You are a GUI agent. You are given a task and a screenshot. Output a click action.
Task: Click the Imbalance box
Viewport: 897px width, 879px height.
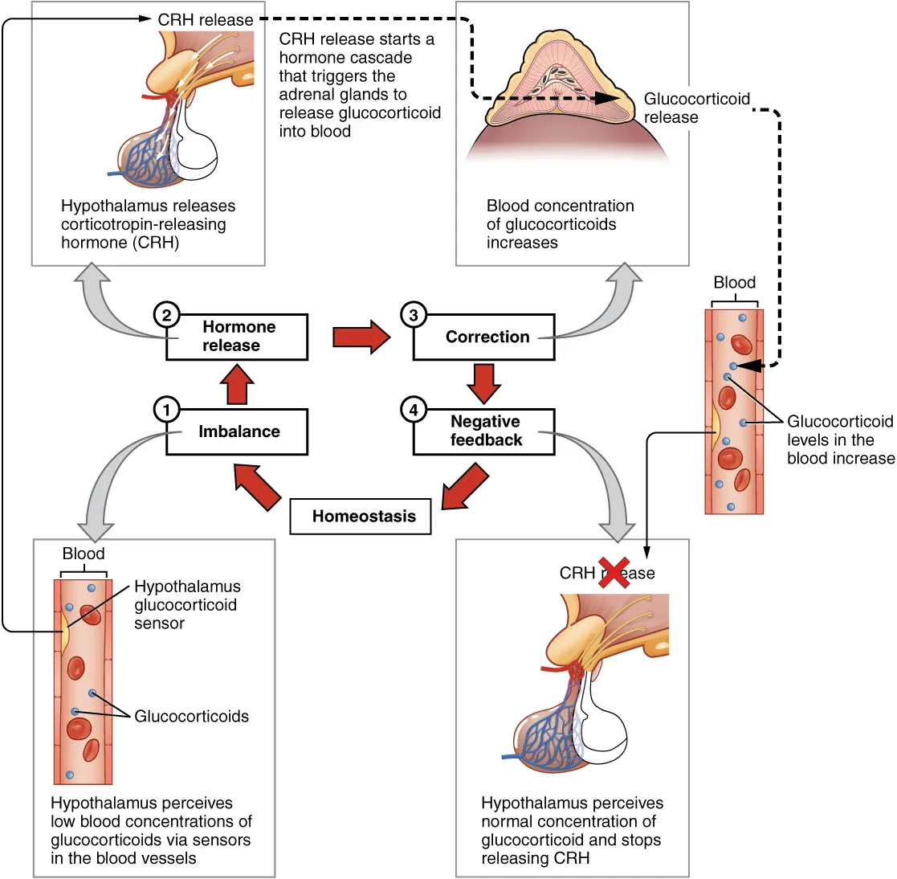click(238, 431)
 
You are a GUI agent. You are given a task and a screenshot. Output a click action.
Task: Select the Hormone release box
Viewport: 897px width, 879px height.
click(238, 337)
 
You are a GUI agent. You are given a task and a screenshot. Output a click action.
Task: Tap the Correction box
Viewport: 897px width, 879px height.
click(484, 337)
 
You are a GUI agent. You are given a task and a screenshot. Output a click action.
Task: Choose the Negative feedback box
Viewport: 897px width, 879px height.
click(484, 431)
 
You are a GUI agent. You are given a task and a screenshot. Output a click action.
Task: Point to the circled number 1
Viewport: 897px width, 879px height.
click(166, 410)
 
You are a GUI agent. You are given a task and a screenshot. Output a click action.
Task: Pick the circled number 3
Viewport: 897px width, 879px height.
click(413, 315)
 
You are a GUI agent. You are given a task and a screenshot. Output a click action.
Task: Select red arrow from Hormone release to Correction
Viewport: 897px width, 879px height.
click(361, 337)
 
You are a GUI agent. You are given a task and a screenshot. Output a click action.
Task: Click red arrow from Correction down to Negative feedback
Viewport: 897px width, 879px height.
click(484, 384)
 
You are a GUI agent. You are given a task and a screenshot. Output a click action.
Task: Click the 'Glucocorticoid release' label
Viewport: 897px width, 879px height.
click(695, 108)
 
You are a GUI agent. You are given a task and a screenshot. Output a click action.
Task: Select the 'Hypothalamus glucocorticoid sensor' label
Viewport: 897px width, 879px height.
click(186, 605)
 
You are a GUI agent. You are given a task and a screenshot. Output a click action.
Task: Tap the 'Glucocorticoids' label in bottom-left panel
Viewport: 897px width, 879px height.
click(191, 717)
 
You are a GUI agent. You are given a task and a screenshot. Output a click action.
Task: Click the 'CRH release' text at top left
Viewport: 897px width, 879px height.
click(206, 20)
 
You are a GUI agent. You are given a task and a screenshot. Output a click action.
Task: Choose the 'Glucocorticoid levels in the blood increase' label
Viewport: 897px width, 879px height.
click(839, 440)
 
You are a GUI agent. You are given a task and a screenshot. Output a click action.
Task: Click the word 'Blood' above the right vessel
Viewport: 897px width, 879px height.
click(734, 283)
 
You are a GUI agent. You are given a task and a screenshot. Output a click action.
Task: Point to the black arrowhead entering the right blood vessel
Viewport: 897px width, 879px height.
click(749, 366)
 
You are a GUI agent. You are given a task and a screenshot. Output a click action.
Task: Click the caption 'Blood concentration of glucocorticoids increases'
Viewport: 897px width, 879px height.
click(559, 224)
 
